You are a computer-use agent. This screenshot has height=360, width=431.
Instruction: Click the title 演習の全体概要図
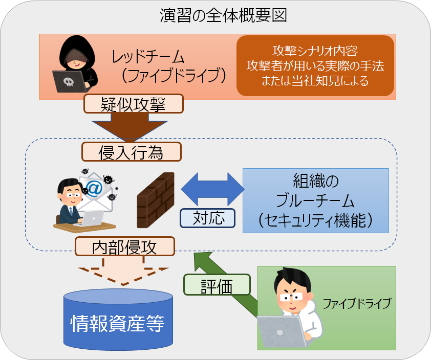click(x=223, y=15)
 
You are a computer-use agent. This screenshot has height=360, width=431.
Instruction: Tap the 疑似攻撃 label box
click(x=134, y=104)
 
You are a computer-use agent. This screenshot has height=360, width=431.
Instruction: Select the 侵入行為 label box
click(x=132, y=151)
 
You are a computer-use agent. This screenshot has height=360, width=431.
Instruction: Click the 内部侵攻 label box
click(x=125, y=246)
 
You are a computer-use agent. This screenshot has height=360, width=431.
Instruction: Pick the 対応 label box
click(x=207, y=218)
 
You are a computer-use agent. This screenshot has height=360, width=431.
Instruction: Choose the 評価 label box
click(x=217, y=285)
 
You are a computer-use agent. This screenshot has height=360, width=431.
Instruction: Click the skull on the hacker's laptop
click(x=69, y=81)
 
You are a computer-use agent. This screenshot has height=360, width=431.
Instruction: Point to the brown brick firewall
click(x=156, y=200)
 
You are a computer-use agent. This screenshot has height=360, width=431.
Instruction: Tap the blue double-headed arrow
click(x=212, y=189)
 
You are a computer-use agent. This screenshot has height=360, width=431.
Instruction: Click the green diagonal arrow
click(x=225, y=283)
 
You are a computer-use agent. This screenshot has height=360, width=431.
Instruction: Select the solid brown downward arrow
click(x=130, y=127)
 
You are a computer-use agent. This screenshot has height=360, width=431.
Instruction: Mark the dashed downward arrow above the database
click(x=123, y=271)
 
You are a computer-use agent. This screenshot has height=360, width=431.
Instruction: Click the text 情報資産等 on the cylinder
click(x=118, y=323)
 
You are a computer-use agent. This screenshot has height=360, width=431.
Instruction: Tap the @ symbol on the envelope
click(x=94, y=188)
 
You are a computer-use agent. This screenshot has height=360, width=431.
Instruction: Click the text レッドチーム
click(x=147, y=57)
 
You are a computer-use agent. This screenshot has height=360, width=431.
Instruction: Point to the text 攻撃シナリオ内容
click(x=315, y=51)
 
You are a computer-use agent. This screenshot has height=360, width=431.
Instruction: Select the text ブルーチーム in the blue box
click(x=315, y=200)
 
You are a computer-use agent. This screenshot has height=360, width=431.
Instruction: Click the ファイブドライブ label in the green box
click(x=357, y=303)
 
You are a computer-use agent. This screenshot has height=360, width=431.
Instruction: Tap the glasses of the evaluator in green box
click(x=291, y=297)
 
